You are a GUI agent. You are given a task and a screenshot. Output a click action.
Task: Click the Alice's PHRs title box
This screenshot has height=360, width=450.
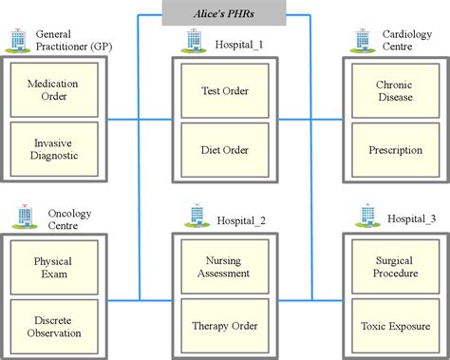[x=224, y=14]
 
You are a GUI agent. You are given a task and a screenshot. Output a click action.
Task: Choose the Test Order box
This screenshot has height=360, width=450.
[x=224, y=91]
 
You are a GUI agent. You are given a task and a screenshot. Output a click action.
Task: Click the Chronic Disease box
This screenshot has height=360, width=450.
[x=394, y=91]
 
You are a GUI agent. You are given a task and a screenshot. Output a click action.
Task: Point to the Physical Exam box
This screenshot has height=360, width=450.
[x=53, y=268]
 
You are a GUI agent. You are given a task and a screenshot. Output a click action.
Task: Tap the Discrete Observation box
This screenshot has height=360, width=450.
[x=53, y=325]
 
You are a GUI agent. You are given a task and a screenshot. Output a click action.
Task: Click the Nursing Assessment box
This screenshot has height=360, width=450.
[x=224, y=268]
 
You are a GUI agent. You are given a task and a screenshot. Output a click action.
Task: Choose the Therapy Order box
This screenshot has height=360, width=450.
[x=224, y=325]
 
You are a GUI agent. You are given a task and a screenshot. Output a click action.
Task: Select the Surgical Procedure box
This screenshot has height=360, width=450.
[x=394, y=268]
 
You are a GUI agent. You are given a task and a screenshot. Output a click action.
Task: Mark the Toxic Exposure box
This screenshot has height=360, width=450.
[x=394, y=325]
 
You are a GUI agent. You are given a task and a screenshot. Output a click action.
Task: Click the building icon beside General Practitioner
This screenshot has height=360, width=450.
[x=17, y=40]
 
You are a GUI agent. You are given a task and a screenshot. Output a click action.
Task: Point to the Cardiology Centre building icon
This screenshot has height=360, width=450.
[x=362, y=40]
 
